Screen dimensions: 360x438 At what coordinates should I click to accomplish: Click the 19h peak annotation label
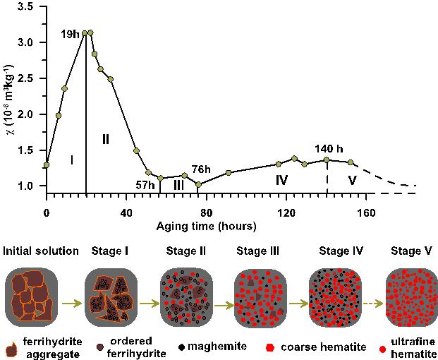click(70, 32)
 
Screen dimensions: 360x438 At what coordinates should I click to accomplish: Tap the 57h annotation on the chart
click(146, 185)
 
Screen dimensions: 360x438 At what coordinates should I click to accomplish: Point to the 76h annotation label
click(201, 169)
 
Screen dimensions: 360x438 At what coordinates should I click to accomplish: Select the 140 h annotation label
click(329, 149)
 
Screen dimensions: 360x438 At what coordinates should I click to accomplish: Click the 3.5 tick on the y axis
click(25, 6)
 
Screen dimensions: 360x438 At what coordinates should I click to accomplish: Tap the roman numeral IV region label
click(281, 180)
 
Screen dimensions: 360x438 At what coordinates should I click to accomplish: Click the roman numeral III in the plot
click(178, 184)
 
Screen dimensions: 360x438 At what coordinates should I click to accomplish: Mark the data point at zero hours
click(47, 165)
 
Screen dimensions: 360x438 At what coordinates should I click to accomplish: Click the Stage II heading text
click(185, 251)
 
